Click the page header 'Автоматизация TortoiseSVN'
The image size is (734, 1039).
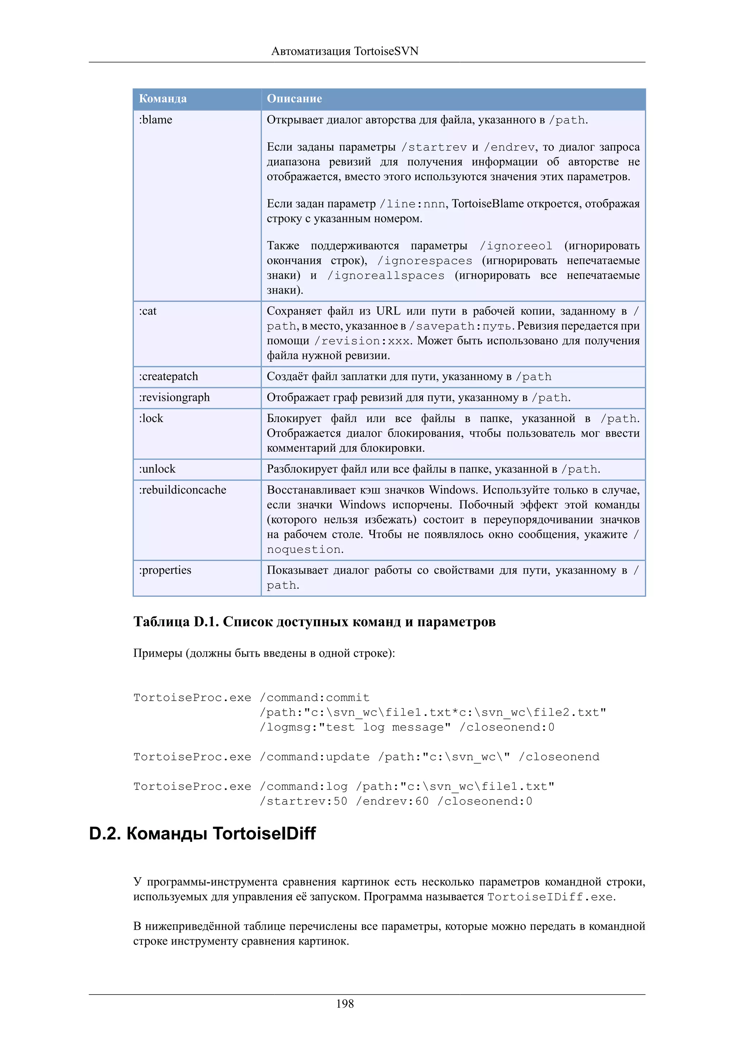click(345, 51)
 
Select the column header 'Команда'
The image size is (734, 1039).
click(163, 99)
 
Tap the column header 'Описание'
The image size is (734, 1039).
click(294, 99)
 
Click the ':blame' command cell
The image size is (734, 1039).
click(156, 120)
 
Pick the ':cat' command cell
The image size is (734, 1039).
click(148, 311)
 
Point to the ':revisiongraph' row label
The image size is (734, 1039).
click(175, 397)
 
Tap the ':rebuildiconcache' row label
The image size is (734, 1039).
click(183, 490)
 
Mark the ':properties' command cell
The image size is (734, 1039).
click(165, 570)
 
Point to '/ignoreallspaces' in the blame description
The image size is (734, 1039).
click(386, 276)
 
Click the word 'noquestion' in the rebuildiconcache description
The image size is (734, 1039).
click(304, 549)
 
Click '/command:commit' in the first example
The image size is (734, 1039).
click(315, 697)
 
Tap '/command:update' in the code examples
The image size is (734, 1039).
click(315, 756)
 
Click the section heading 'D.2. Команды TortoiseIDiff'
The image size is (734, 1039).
click(202, 833)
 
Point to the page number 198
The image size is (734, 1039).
click(345, 1004)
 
